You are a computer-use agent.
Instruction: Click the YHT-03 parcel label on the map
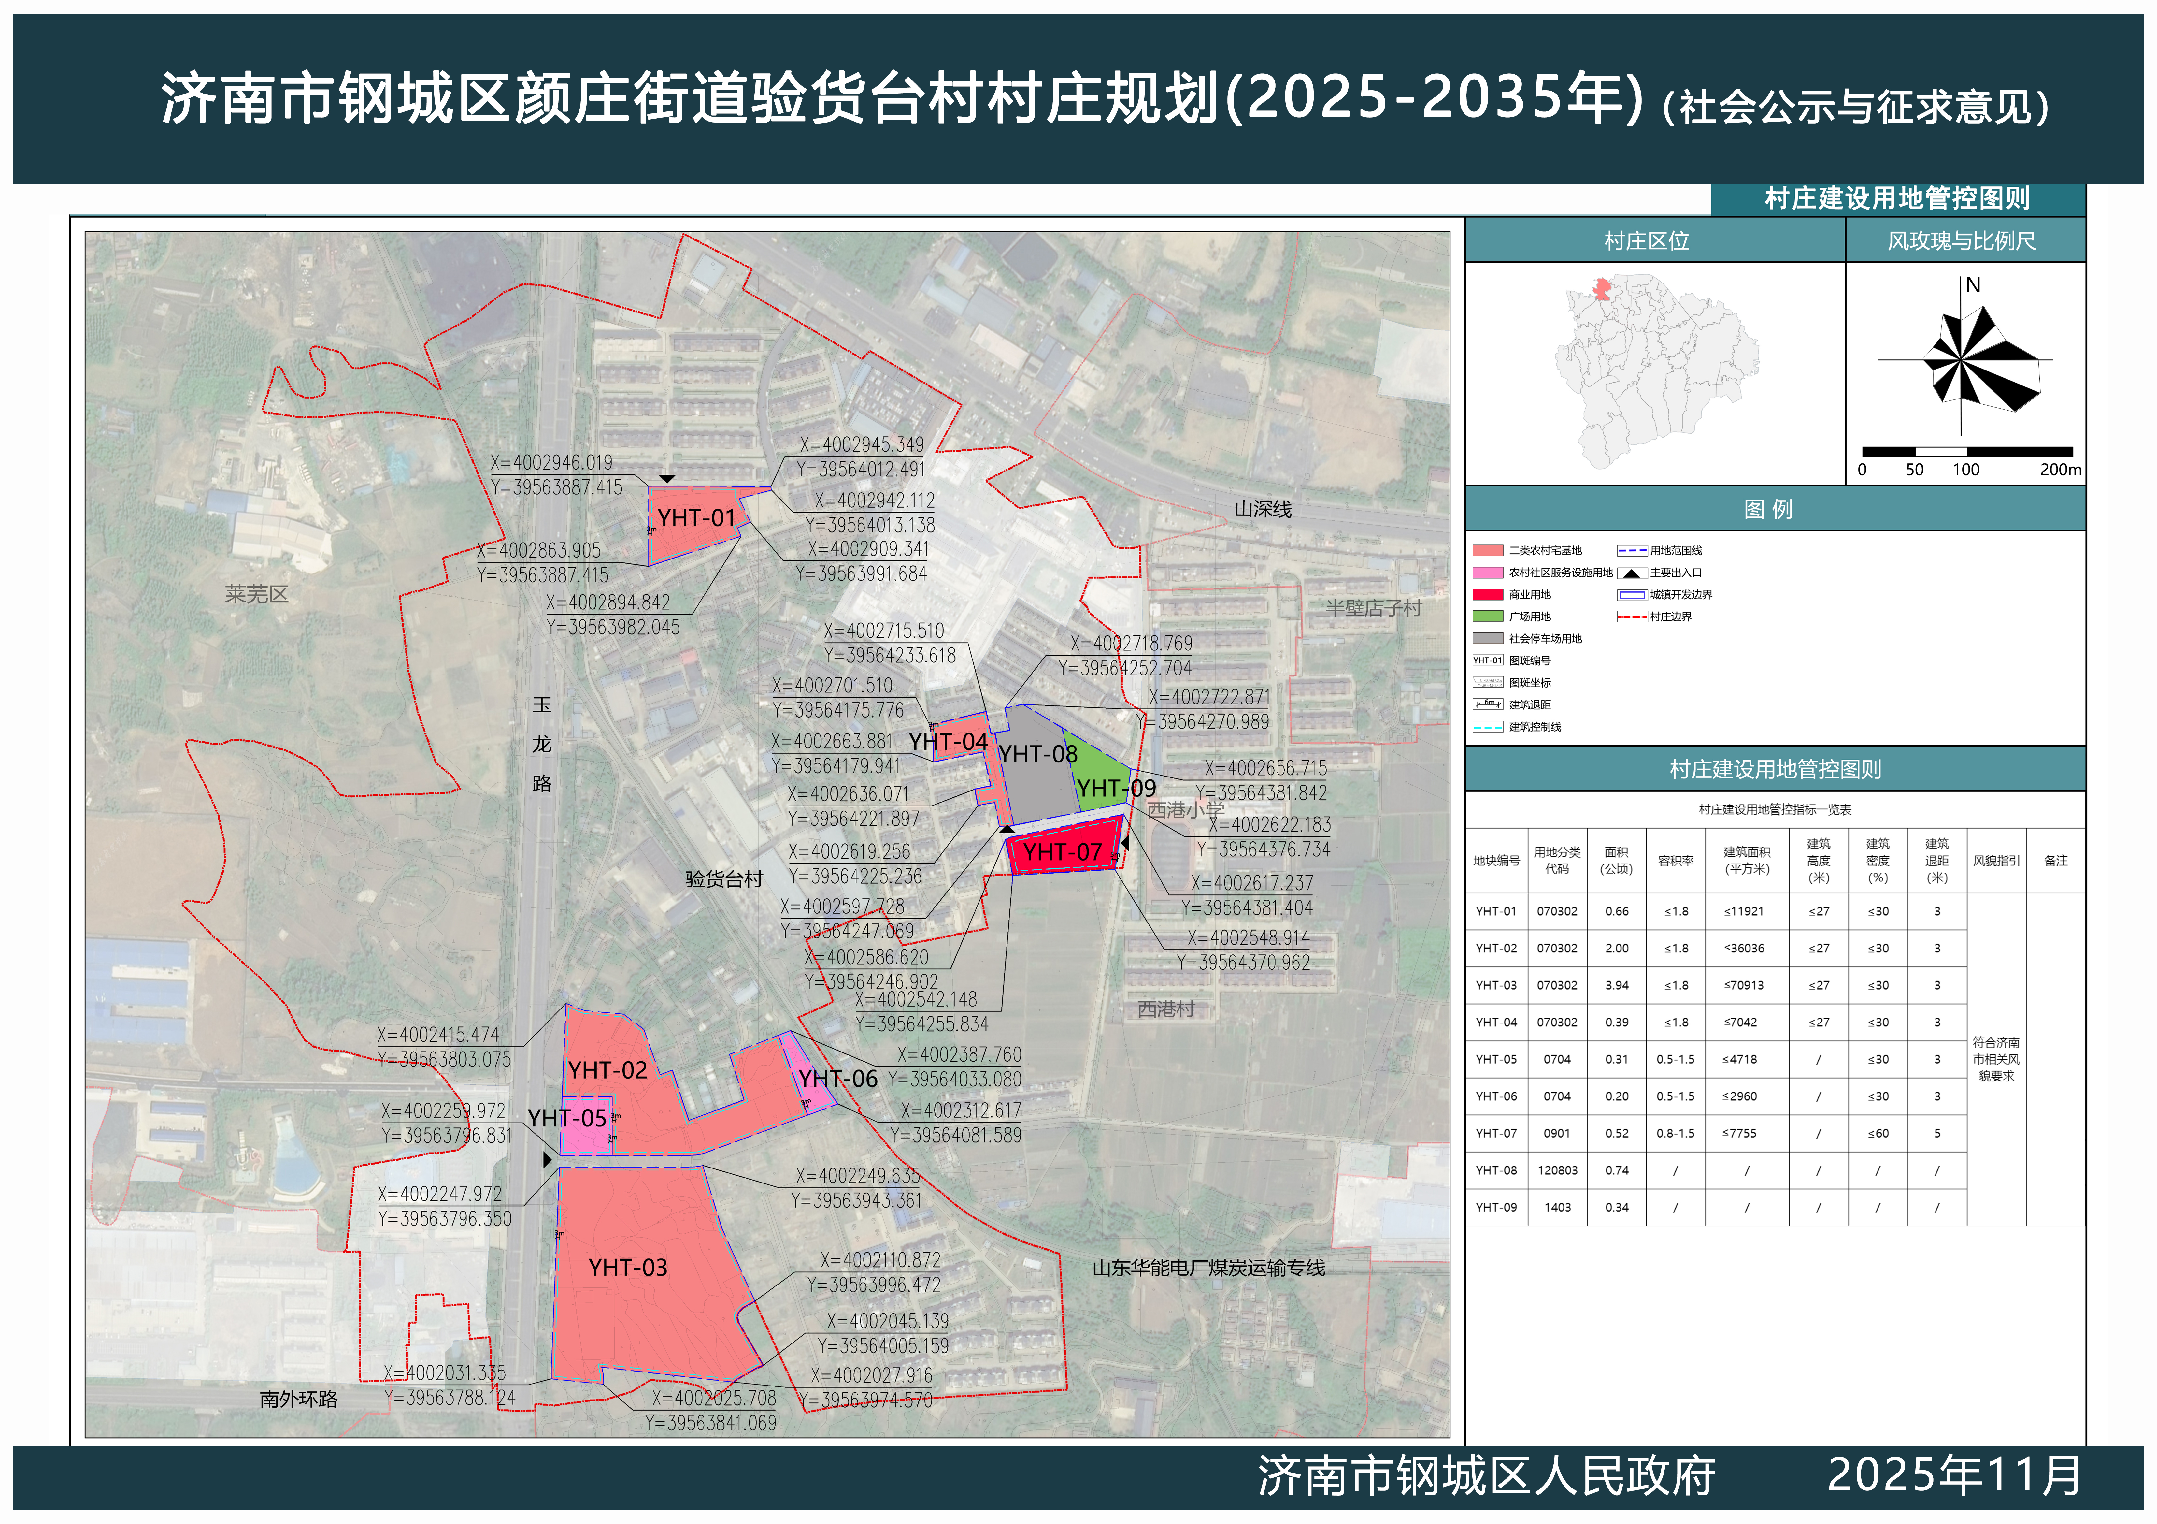tap(628, 1268)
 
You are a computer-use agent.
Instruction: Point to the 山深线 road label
tap(1263, 509)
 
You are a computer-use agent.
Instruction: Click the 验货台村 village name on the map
tap(723, 879)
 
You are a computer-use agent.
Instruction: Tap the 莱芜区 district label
tap(256, 594)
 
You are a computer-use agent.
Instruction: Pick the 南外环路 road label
tap(299, 1399)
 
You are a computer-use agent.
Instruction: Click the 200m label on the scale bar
tap(2060, 470)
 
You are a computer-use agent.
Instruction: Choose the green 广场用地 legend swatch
tap(1487, 617)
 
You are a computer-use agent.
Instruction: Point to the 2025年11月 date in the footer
tap(1954, 1475)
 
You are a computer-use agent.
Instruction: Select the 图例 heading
tap(1768, 509)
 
